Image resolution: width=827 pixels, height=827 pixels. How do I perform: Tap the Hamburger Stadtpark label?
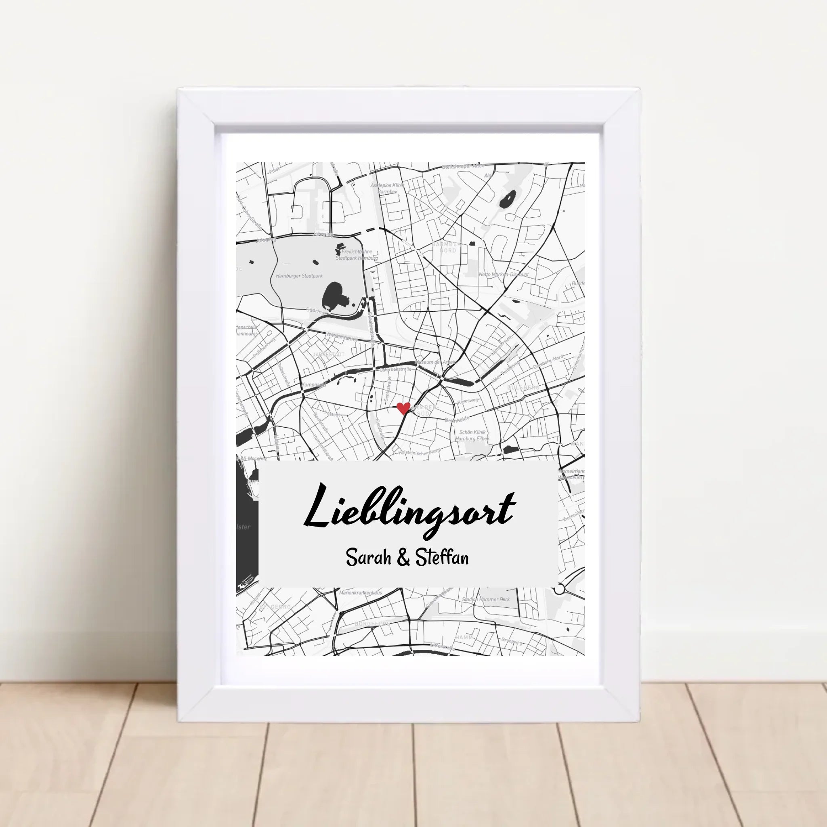(299, 276)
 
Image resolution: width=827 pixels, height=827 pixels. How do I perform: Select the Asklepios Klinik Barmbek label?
(387, 188)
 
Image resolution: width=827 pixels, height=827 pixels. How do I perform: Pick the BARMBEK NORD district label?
(447, 247)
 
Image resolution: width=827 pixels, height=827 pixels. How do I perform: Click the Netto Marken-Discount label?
(504, 274)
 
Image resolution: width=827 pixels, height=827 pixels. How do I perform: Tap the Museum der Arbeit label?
(439, 362)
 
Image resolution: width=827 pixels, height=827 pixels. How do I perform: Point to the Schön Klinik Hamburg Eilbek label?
(472, 435)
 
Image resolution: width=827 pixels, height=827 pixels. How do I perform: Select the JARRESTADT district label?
(328, 355)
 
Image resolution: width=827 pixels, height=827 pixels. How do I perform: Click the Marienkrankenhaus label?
(361, 593)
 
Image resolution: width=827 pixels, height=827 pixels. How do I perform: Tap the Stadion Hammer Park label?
(486, 599)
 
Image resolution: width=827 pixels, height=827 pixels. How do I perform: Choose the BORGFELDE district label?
(372, 624)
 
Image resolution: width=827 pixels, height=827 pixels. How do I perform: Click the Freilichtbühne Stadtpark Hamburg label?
(357, 255)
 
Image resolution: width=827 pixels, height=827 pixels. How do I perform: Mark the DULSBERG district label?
(523, 387)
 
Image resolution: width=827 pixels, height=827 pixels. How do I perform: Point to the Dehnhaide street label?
(457, 420)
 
